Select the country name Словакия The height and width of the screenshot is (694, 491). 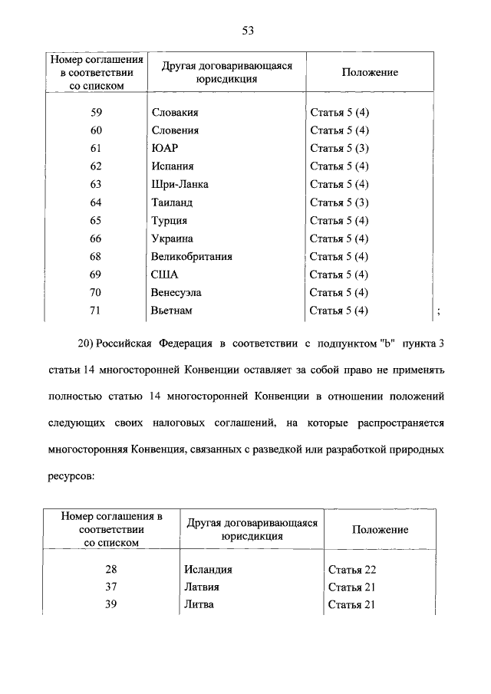[176, 113]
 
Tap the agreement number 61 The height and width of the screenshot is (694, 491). [96, 148]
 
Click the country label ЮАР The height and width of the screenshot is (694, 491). [164, 148]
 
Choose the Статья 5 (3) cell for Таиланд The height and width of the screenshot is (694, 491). [339, 202]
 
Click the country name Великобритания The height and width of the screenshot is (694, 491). [192, 256]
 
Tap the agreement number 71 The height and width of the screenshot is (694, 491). [96, 311]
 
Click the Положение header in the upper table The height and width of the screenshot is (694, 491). [370, 72]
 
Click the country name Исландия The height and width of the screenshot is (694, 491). [208, 569]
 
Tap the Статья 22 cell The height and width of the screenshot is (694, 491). [352, 570]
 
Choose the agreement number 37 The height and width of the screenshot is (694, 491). [113, 587]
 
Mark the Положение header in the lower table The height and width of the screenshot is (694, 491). [380, 529]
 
